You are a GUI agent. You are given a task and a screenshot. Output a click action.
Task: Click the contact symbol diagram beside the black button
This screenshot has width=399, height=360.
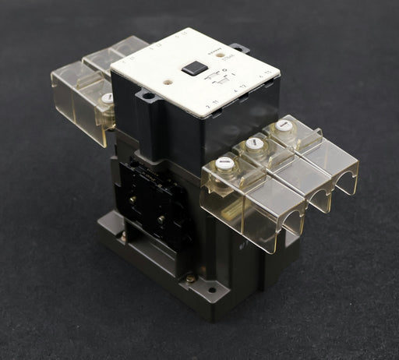[221, 80]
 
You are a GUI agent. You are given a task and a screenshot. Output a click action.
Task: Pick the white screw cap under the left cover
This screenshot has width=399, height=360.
[107, 98]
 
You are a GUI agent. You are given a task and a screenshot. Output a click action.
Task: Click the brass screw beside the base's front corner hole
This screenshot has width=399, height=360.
[192, 277]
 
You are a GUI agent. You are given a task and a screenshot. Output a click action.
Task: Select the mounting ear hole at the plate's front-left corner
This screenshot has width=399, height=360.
[146, 96]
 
